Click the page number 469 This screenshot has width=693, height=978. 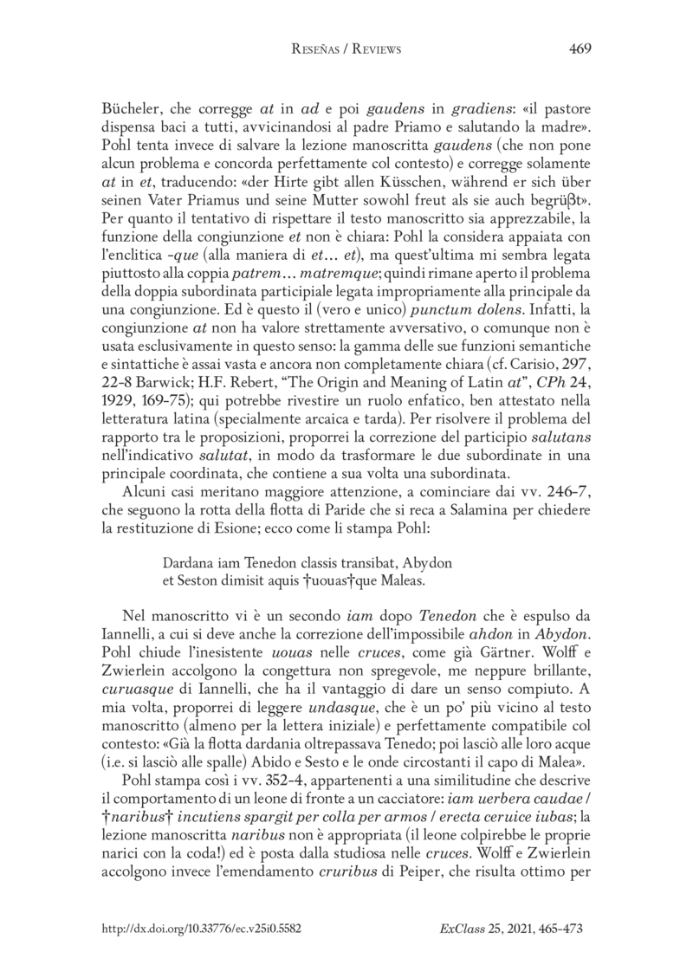pyautogui.click(x=580, y=49)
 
